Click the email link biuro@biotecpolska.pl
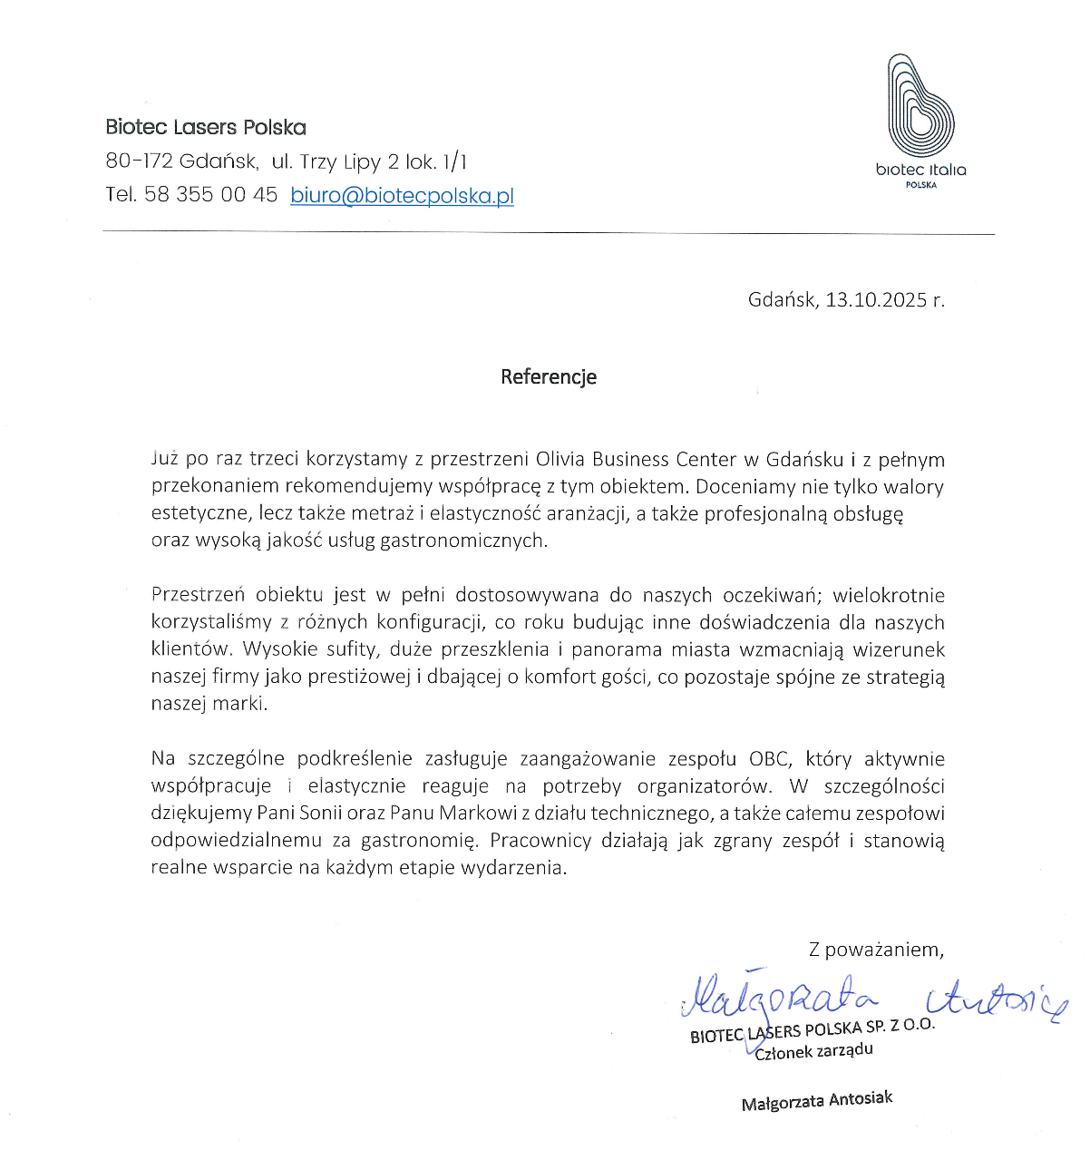click(402, 195)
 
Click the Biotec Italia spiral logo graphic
click(920, 106)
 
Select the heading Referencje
click(549, 376)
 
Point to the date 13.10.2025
click(876, 299)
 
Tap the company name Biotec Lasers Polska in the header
click(206, 127)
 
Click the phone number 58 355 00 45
click(210, 195)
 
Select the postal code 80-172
click(139, 161)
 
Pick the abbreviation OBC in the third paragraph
click(769, 758)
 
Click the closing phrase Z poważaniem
click(876, 950)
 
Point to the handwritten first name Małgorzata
click(780, 995)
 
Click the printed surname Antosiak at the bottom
click(859, 1099)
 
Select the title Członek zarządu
click(813, 1051)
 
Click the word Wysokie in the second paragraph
click(280, 649)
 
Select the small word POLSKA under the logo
click(920, 185)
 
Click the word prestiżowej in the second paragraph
click(359, 677)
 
